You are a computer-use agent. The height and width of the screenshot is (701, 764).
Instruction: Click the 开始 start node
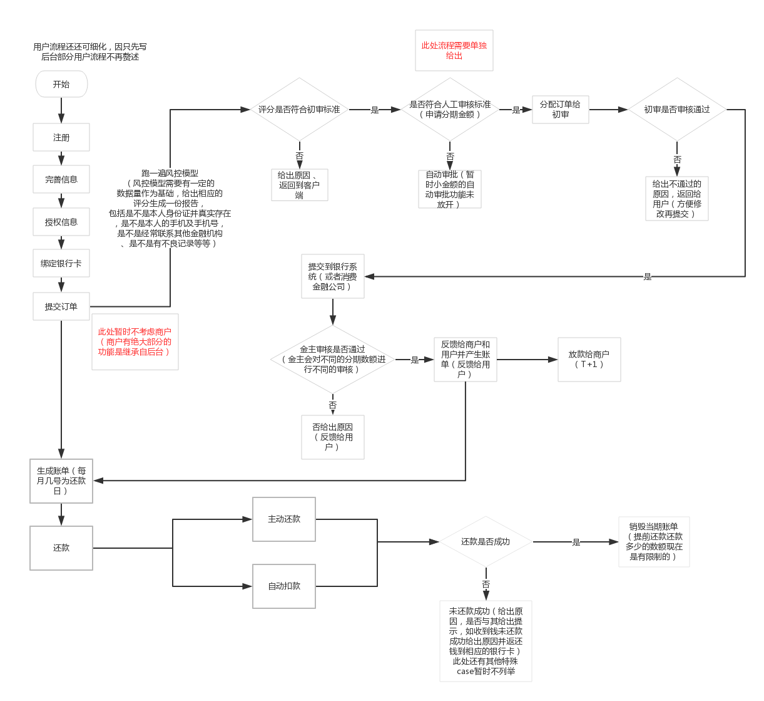point(61,84)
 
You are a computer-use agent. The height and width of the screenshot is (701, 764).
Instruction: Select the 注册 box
point(61,137)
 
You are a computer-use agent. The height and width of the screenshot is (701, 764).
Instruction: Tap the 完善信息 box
point(61,179)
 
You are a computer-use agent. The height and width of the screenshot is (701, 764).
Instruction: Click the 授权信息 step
point(61,222)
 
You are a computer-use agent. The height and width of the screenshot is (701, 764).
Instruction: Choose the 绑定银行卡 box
point(61,264)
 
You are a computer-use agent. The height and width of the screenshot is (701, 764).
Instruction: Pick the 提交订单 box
point(61,306)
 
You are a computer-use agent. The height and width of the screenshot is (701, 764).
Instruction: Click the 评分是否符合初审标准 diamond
point(299,109)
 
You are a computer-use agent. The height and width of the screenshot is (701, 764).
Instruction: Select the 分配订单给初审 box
point(560,109)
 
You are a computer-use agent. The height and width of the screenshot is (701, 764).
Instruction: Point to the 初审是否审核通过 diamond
point(677,109)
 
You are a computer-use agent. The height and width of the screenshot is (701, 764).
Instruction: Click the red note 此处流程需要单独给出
point(454,51)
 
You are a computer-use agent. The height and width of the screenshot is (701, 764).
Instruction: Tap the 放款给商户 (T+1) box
point(589,359)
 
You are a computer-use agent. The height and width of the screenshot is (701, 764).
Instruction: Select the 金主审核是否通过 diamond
point(332,359)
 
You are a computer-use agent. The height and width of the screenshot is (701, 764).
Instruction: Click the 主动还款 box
point(284,519)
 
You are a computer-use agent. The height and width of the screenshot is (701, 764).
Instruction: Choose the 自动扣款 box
point(284,586)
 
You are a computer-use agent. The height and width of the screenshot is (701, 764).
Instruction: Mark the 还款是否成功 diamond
point(486,541)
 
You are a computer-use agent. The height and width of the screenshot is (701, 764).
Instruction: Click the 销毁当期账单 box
point(654,541)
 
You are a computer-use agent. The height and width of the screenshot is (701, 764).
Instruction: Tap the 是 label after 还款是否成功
point(576,542)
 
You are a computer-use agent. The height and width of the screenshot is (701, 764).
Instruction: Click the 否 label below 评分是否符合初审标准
point(299,155)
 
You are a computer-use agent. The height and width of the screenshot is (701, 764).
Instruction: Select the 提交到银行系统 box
point(332,276)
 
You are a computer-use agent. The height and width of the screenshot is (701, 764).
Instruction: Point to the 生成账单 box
point(61,480)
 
